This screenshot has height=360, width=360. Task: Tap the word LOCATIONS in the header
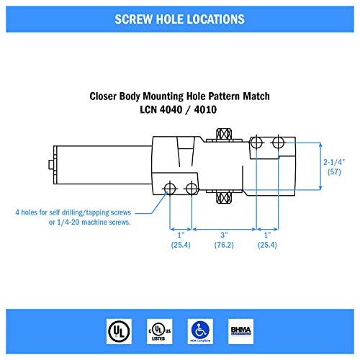pyautogui.click(x=212, y=18)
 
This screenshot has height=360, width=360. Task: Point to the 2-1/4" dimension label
pyautogui.click(x=339, y=163)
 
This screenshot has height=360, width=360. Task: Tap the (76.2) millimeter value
pyautogui.click(x=224, y=246)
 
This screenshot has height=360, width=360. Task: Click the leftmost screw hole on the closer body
pyautogui.click(x=169, y=189)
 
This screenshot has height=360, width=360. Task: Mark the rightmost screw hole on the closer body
pyautogui.click(x=278, y=143)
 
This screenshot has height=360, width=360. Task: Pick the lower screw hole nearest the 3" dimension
pyautogui.click(x=191, y=189)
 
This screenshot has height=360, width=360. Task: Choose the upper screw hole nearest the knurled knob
pyautogui.click(x=256, y=143)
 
